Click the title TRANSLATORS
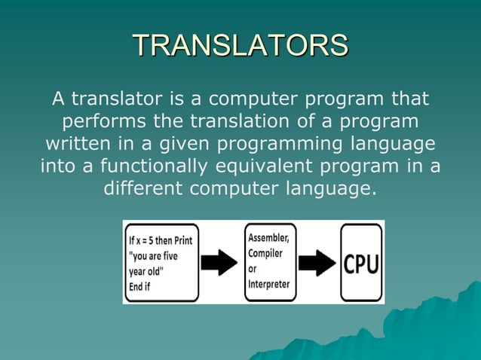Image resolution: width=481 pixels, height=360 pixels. [x=240, y=45]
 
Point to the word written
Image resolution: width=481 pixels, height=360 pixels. [x=77, y=143]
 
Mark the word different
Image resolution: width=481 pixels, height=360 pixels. [x=144, y=187]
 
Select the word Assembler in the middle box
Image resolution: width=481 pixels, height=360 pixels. [x=269, y=238]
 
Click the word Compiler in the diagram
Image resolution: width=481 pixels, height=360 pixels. [x=265, y=254]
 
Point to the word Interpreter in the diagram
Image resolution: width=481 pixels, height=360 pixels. [x=269, y=285]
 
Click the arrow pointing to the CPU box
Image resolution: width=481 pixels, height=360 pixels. [x=317, y=263]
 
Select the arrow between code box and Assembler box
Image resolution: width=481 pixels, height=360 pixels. [x=220, y=263]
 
